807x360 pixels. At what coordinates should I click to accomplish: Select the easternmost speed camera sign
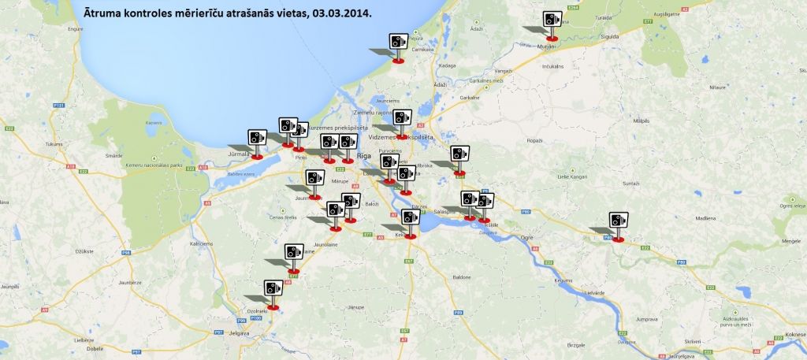tap(619, 222)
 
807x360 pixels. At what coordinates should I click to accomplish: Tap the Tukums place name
tap(32, 144)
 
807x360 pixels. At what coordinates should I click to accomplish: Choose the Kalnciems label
tap(200, 243)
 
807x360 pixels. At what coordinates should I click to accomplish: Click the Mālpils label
tap(640, 122)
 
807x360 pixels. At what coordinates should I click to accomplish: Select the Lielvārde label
tap(593, 292)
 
